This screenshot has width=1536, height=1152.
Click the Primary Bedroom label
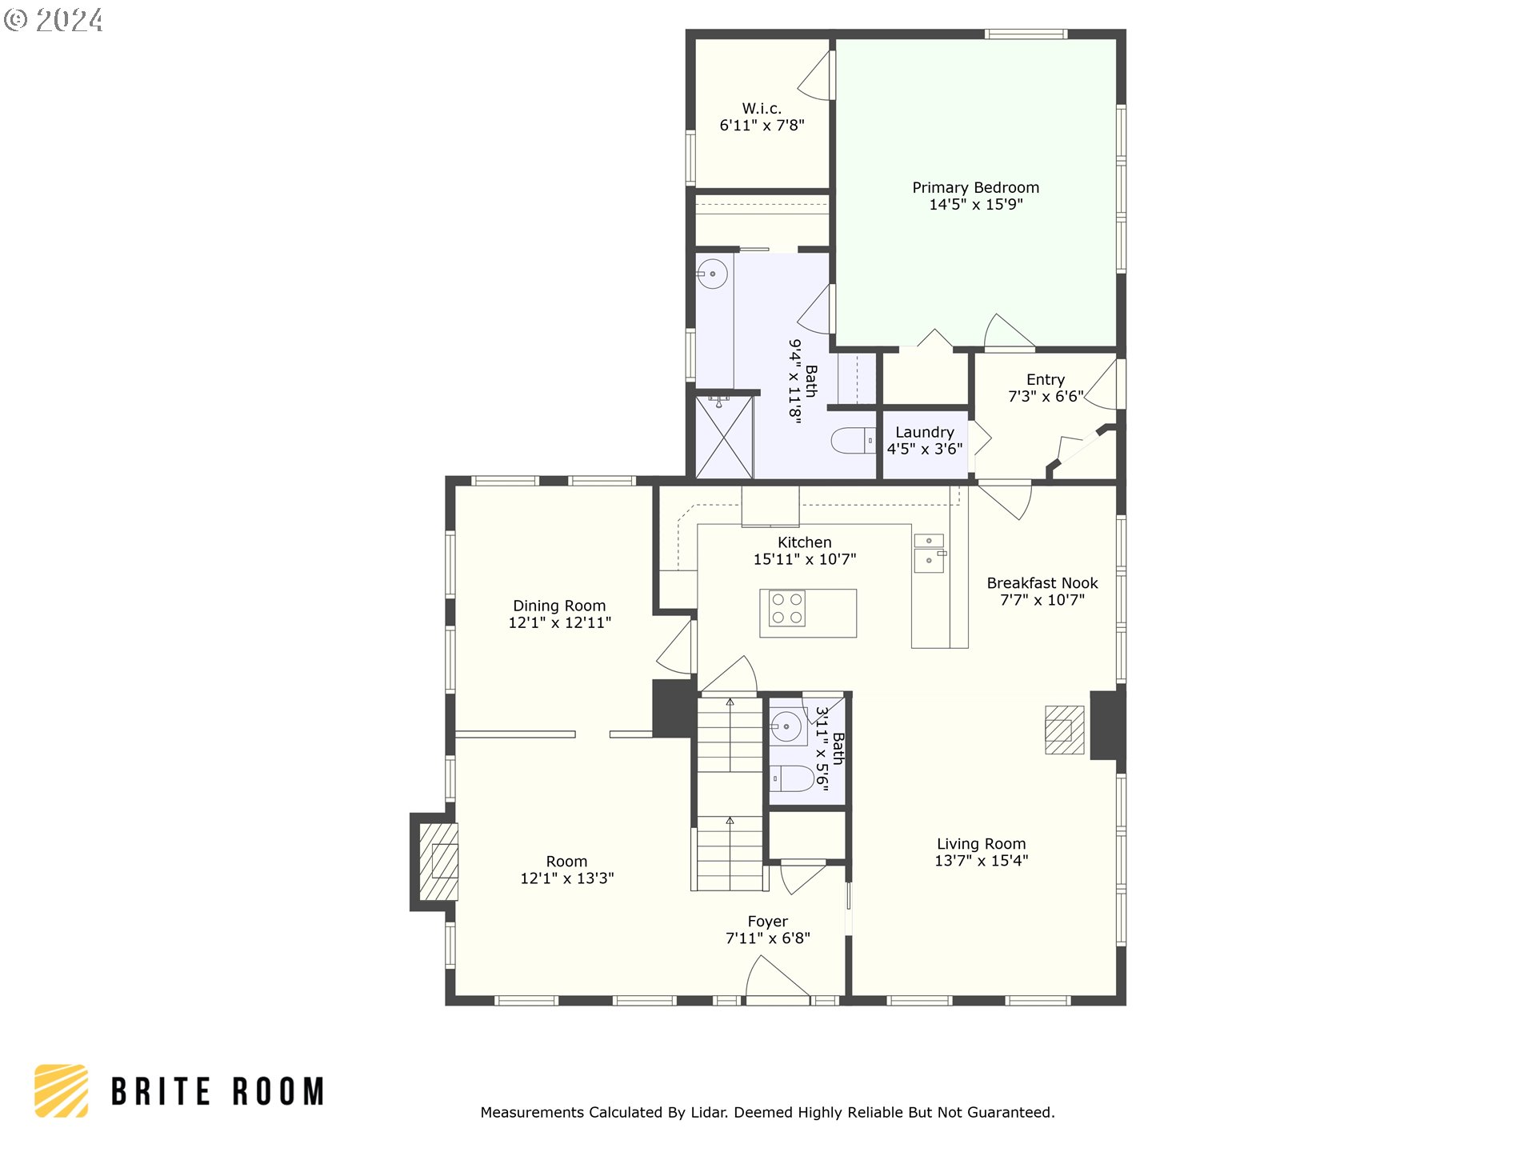point(975,187)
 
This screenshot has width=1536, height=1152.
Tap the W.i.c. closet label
point(762,108)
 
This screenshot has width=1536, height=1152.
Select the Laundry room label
point(924,432)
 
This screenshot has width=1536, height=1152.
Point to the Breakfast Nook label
point(1042,583)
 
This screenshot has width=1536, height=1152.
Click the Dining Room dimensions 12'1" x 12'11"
point(559,622)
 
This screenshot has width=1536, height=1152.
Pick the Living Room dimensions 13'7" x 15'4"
point(981,861)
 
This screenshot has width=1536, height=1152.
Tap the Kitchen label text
point(804,542)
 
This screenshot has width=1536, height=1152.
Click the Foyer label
point(767,922)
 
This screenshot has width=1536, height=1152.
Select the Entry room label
point(1045,379)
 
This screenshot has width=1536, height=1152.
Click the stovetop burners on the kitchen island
point(786,608)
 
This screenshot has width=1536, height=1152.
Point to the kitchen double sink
point(929,553)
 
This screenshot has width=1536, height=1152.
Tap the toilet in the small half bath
point(792,778)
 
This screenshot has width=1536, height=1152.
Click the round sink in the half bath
point(786,726)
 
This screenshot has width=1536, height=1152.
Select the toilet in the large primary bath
point(853,441)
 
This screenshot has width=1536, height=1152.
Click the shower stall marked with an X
point(724,438)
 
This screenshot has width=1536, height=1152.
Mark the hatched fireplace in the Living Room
point(1064,730)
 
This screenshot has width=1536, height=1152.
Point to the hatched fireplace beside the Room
point(438,862)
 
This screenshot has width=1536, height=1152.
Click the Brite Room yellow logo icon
point(62,1090)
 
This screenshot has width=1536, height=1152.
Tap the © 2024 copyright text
point(54,20)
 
